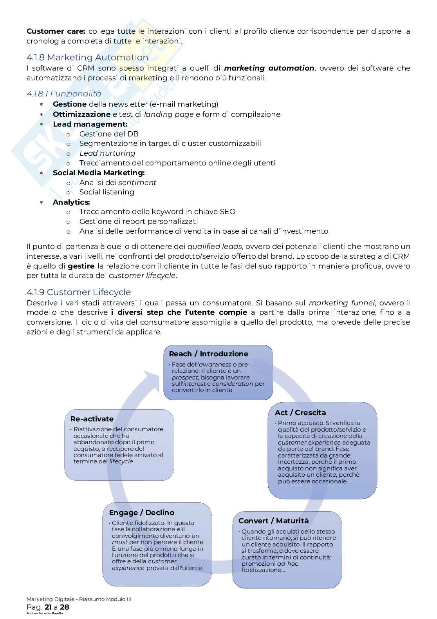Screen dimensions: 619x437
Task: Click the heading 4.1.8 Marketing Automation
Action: (x=87, y=58)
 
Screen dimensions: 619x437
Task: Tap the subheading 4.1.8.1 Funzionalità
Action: (x=64, y=94)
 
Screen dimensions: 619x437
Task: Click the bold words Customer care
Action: (x=56, y=31)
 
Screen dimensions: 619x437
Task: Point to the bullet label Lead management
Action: (x=90, y=124)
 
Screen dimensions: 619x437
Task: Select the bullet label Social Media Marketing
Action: (x=99, y=173)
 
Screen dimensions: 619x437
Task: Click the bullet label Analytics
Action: (x=71, y=202)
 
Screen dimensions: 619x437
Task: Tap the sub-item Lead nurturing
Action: (x=107, y=153)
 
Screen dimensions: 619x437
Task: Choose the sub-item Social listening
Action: (x=107, y=192)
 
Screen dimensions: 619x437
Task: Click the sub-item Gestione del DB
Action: (x=109, y=134)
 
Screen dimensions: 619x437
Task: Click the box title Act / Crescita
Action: (x=300, y=413)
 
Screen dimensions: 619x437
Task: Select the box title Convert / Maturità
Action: (x=273, y=521)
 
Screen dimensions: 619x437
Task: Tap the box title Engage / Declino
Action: (x=141, y=513)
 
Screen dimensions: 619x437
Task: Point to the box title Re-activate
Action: (x=92, y=419)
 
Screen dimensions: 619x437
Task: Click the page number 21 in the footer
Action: (x=49, y=607)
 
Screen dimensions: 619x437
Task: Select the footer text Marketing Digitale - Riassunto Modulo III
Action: (x=81, y=599)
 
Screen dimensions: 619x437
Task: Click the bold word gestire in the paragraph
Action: (x=81, y=266)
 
